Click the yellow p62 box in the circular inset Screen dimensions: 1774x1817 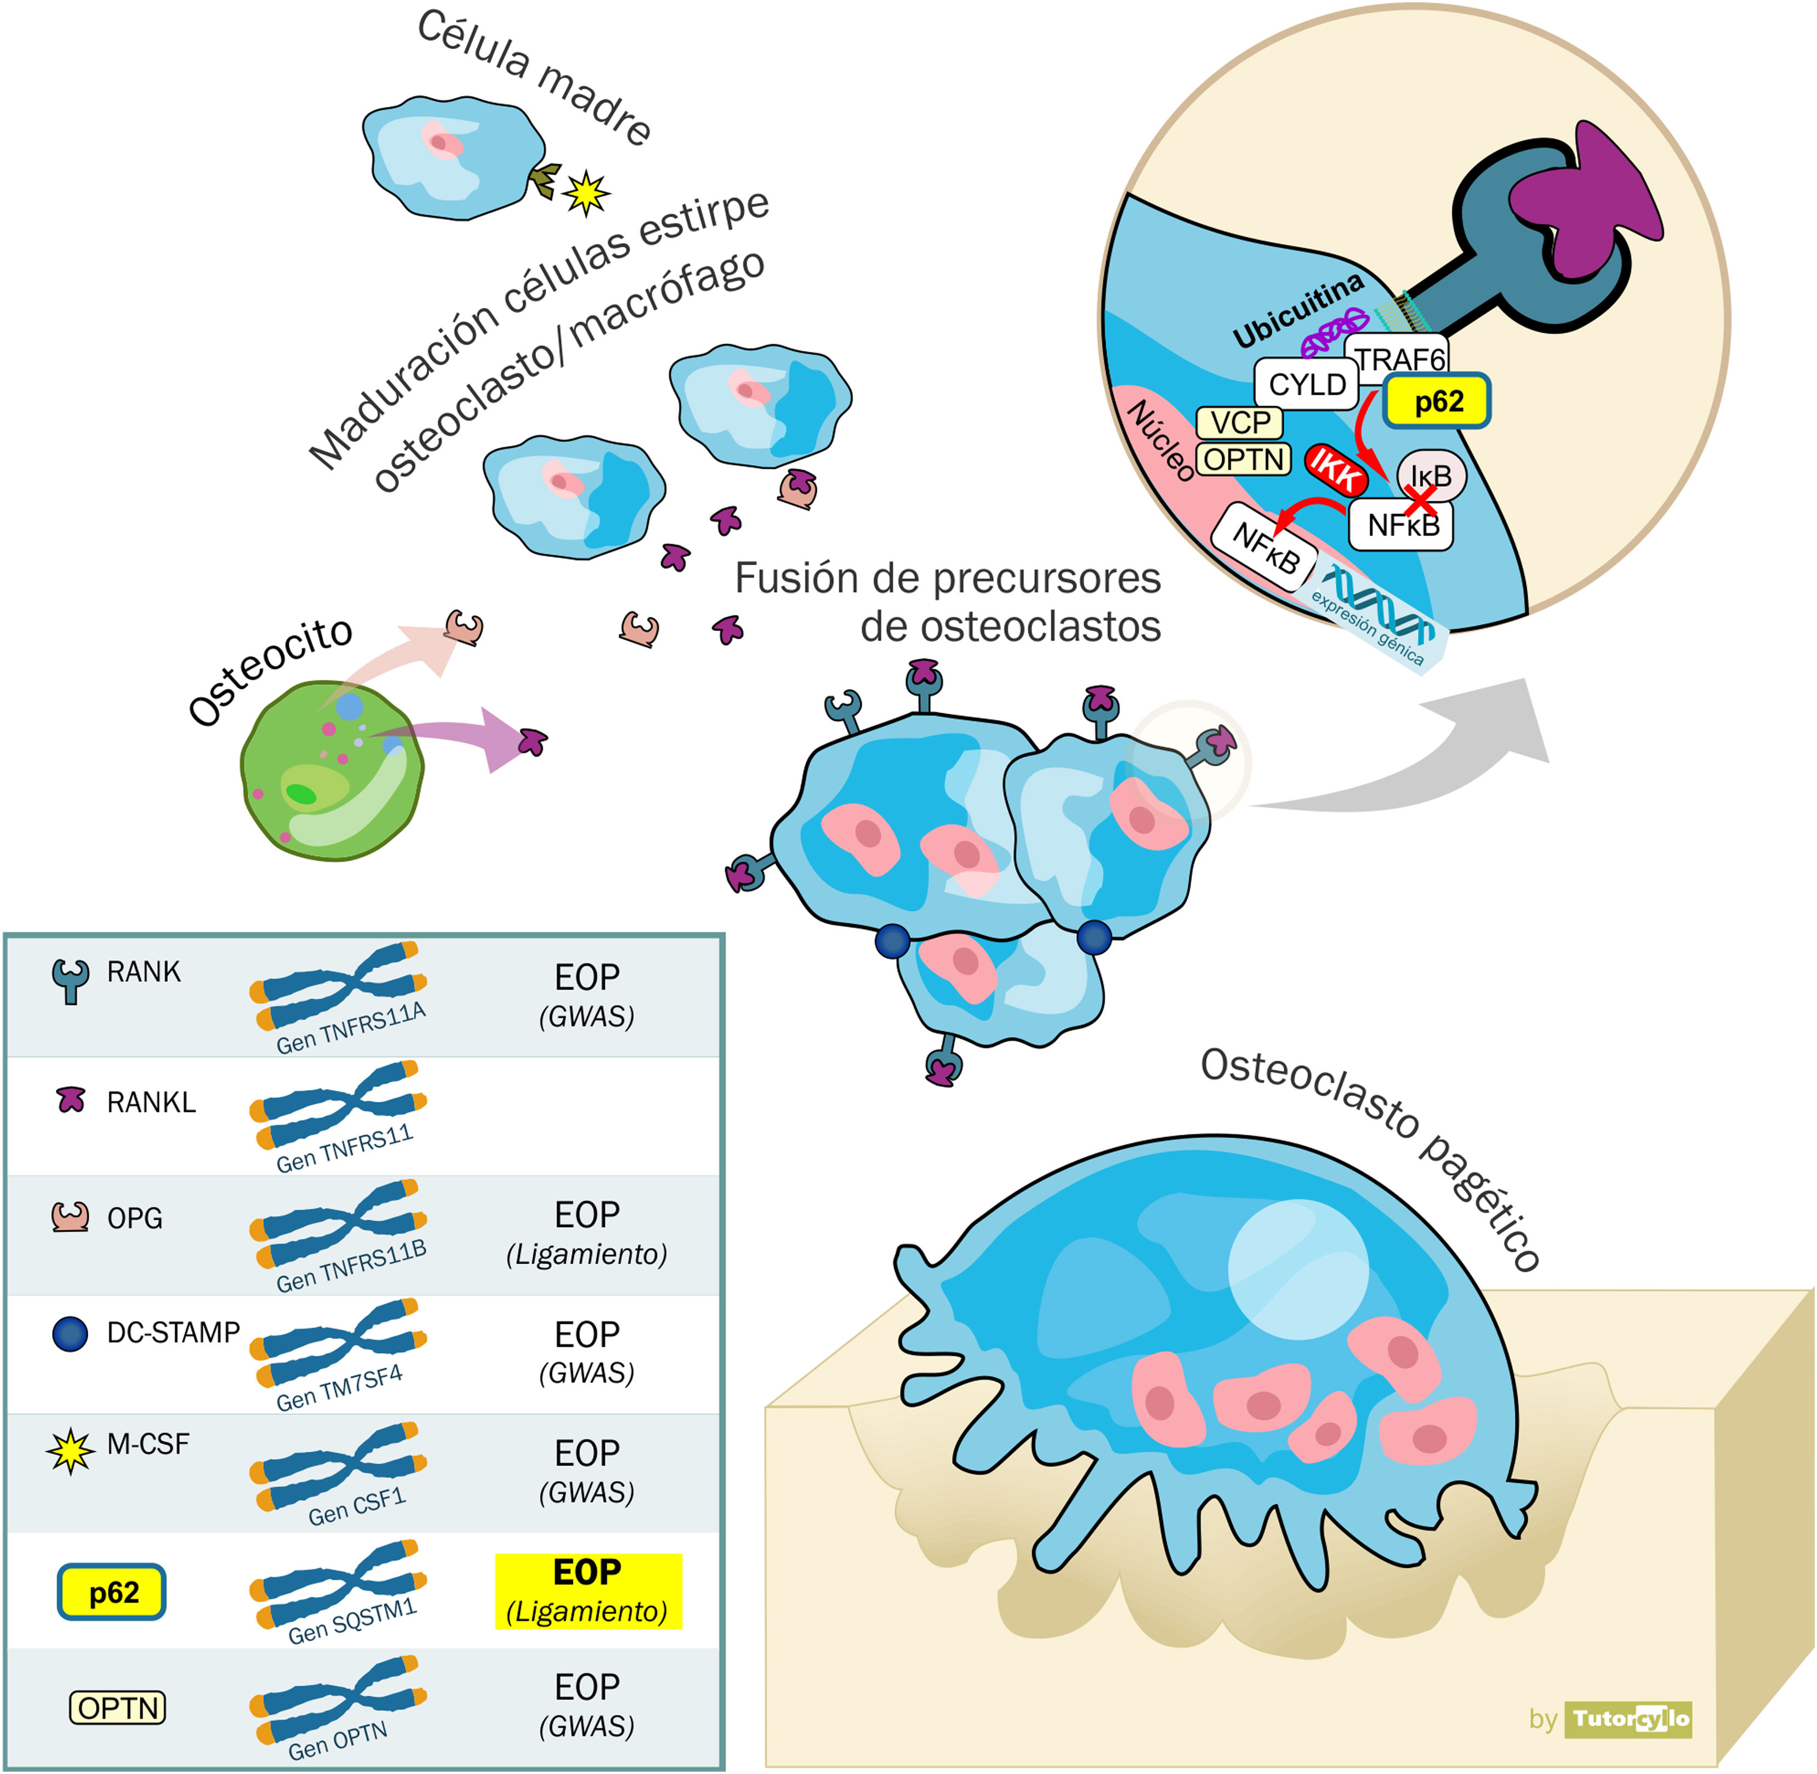click(x=1436, y=402)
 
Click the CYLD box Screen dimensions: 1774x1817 click(x=1306, y=384)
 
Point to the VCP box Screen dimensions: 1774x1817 click(x=1239, y=423)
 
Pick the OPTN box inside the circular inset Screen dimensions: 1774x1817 click(x=1243, y=459)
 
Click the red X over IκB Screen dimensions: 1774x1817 click(x=1420, y=501)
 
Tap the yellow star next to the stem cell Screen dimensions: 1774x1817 click(x=585, y=193)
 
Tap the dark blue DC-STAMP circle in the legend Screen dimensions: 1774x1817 click(x=70, y=1333)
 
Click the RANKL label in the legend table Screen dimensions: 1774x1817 click(x=151, y=1102)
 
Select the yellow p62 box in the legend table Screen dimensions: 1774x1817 click(x=112, y=1593)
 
